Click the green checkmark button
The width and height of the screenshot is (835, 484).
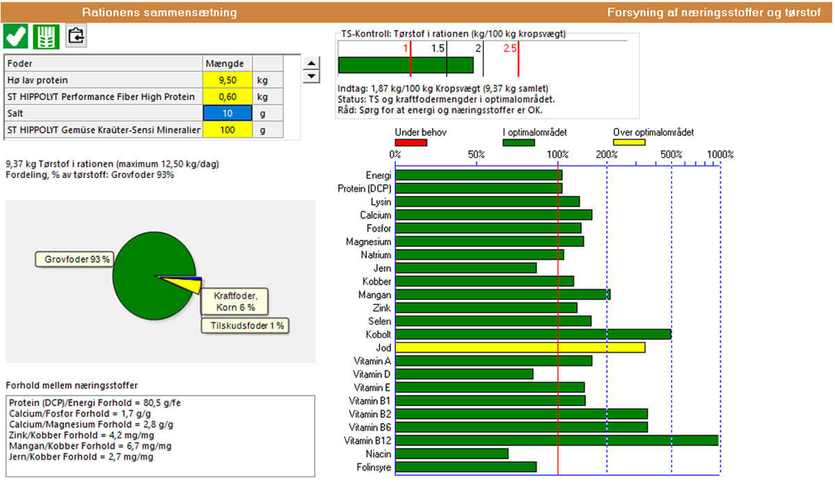pos(16,35)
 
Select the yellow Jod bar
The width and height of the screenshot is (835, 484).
pos(520,347)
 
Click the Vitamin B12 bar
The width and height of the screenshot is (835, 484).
pos(557,440)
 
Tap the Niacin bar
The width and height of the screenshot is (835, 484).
pos(452,453)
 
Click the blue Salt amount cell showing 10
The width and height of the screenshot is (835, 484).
pos(228,113)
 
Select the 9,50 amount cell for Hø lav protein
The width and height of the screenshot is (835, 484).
pos(228,80)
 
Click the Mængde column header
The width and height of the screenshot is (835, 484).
pos(224,64)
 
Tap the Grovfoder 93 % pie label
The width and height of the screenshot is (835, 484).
pos(73,259)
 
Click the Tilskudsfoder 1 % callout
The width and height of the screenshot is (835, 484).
pos(244,325)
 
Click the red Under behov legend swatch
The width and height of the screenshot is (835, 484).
pos(411,143)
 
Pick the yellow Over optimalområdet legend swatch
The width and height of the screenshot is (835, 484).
pos(629,143)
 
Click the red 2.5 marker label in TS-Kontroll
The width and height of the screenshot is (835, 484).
pos(510,48)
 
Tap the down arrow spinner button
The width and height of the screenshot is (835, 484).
pos(312,76)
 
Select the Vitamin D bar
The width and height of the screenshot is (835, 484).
pos(464,374)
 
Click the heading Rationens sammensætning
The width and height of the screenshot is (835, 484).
pos(159,13)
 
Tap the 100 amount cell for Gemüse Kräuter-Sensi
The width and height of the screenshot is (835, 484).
pos(228,130)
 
